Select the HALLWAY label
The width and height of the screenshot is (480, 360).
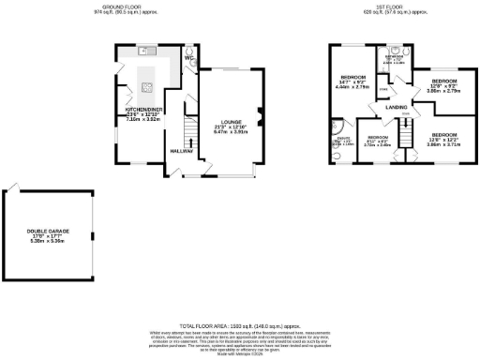181,150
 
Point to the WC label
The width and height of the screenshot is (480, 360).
188,58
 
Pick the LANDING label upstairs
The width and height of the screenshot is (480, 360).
395,108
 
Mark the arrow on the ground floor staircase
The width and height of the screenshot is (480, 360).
193,142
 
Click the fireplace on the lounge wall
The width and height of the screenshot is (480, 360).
260,117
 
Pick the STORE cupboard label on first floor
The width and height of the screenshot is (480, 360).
382,89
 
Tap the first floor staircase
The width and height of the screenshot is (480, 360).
406,120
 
